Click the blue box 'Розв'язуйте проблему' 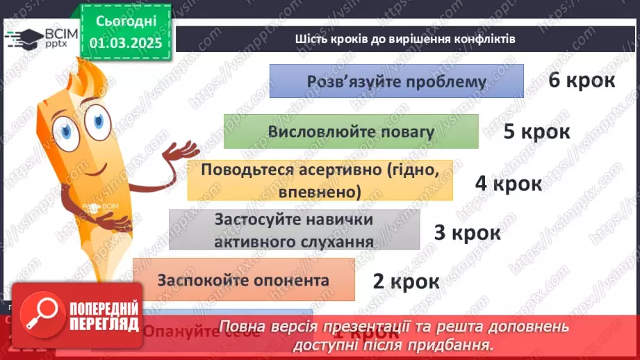point(396,81)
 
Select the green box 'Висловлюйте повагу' point(351,132)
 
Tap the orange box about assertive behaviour point(320,180)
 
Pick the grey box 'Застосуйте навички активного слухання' point(294,230)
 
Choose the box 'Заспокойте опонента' point(243,281)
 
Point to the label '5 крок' point(536,131)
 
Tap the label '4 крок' point(508,183)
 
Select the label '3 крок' point(467,232)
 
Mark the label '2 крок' point(406,281)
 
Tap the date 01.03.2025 point(126,43)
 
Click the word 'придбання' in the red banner point(459,344)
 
